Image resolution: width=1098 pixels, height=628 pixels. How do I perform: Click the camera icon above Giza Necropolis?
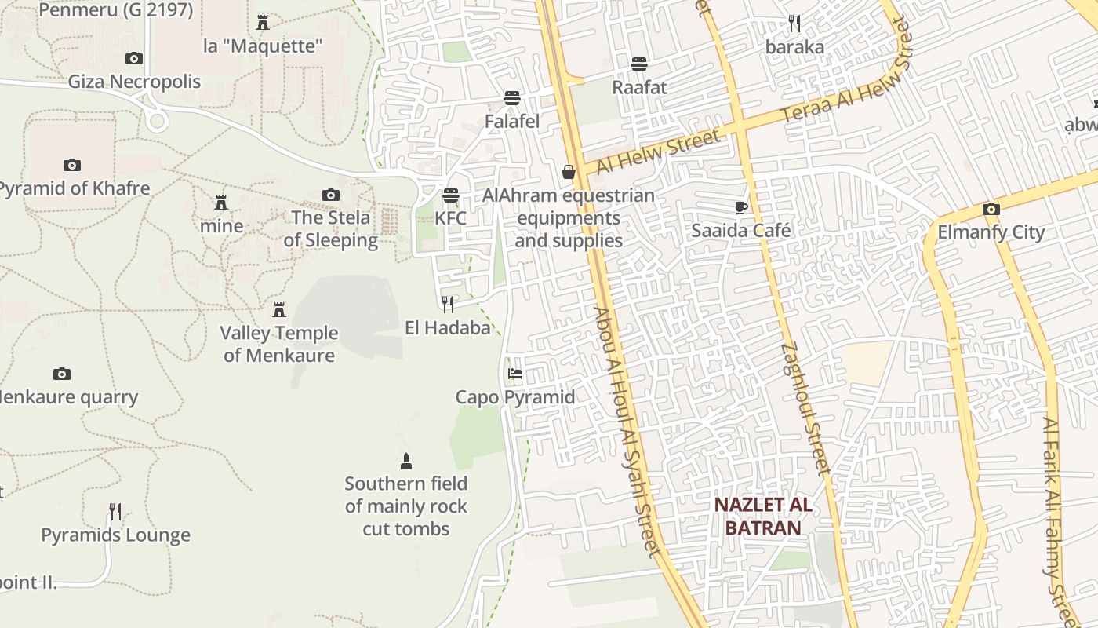pyautogui.click(x=134, y=58)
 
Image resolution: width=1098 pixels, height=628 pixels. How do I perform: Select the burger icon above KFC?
pyautogui.click(x=450, y=195)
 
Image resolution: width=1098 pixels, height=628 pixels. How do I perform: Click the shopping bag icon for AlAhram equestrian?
pyautogui.click(x=569, y=172)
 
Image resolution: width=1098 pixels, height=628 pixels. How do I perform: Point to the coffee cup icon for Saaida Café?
pyautogui.click(x=741, y=207)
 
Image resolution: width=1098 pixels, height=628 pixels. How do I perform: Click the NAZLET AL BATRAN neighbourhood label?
pyautogui.click(x=762, y=516)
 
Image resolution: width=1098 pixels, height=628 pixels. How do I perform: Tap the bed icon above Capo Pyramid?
pyautogui.click(x=515, y=373)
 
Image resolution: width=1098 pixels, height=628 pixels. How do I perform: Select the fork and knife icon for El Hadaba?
pyautogui.click(x=448, y=304)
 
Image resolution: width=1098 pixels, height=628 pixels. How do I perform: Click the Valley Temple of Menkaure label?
pyautogui.click(x=278, y=344)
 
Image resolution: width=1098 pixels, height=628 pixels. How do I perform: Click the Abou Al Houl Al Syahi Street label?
pyautogui.click(x=627, y=432)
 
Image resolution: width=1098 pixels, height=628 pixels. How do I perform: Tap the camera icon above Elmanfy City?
pyautogui.click(x=991, y=209)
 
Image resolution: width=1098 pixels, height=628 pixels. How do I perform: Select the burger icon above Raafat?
pyautogui.click(x=639, y=64)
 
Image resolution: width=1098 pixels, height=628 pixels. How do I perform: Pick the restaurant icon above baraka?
pyautogui.click(x=794, y=24)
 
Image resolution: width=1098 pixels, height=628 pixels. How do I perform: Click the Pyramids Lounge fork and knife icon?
pyautogui.click(x=115, y=512)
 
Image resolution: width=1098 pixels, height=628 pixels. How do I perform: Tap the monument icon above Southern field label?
pyautogui.click(x=405, y=460)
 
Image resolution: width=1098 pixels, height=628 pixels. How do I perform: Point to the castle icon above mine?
pyautogui.click(x=221, y=203)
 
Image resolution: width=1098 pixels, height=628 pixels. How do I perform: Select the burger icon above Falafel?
pyautogui.click(x=512, y=98)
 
